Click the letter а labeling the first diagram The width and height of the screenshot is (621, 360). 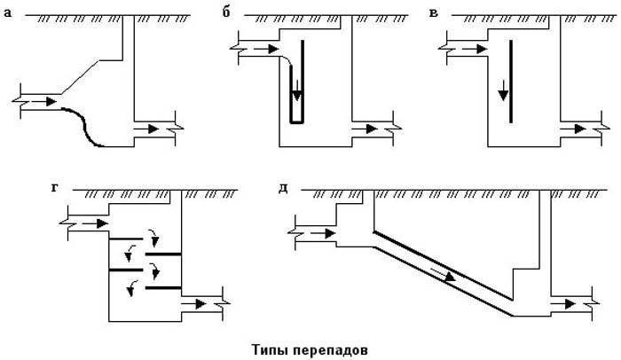[x=8, y=14]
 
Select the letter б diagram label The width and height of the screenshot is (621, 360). [x=226, y=12]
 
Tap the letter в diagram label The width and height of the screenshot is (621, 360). [x=434, y=13]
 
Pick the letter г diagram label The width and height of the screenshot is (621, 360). [x=54, y=188]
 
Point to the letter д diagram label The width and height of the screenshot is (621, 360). [x=283, y=189]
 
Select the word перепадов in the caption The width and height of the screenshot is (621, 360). [x=331, y=350]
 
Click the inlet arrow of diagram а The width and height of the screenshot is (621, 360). [x=44, y=101]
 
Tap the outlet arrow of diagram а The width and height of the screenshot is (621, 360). [x=146, y=129]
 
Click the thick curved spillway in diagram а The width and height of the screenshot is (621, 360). [x=85, y=126]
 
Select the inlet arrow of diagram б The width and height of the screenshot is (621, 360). [x=266, y=49]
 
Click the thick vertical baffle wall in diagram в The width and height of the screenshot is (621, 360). [x=511, y=82]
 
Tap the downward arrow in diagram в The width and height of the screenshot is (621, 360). [x=503, y=90]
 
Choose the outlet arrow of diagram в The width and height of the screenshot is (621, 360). [x=573, y=129]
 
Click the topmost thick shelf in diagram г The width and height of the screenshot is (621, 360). [x=126, y=239]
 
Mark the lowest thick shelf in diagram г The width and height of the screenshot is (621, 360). [x=163, y=287]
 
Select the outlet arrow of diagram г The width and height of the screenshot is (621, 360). [x=193, y=304]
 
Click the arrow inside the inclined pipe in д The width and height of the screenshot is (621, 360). [x=444, y=274]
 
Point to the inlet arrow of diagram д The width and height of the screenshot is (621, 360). [x=323, y=234]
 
